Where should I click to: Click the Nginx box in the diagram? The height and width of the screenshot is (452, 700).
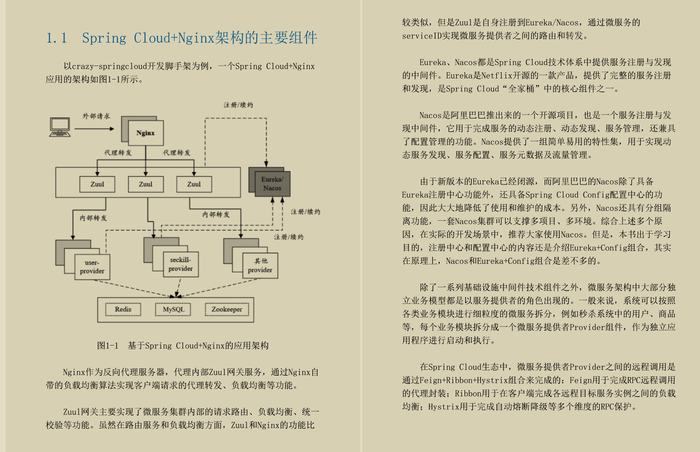(x=146, y=133)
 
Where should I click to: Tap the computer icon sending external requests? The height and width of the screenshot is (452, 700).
(x=60, y=127)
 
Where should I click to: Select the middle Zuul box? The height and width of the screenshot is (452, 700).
(x=146, y=184)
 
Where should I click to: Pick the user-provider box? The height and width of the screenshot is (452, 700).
(x=93, y=267)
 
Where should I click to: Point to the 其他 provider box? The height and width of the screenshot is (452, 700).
(x=260, y=266)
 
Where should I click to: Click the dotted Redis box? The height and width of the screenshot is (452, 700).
(x=123, y=309)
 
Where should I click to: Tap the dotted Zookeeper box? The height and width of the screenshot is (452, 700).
(x=227, y=309)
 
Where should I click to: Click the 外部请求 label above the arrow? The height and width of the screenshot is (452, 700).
(x=96, y=116)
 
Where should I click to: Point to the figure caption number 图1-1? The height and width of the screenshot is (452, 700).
(x=108, y=345)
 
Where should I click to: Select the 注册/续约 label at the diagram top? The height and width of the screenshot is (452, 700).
(x=238, y=105)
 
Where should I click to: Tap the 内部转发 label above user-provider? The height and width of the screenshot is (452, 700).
(x=93, y=218)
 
